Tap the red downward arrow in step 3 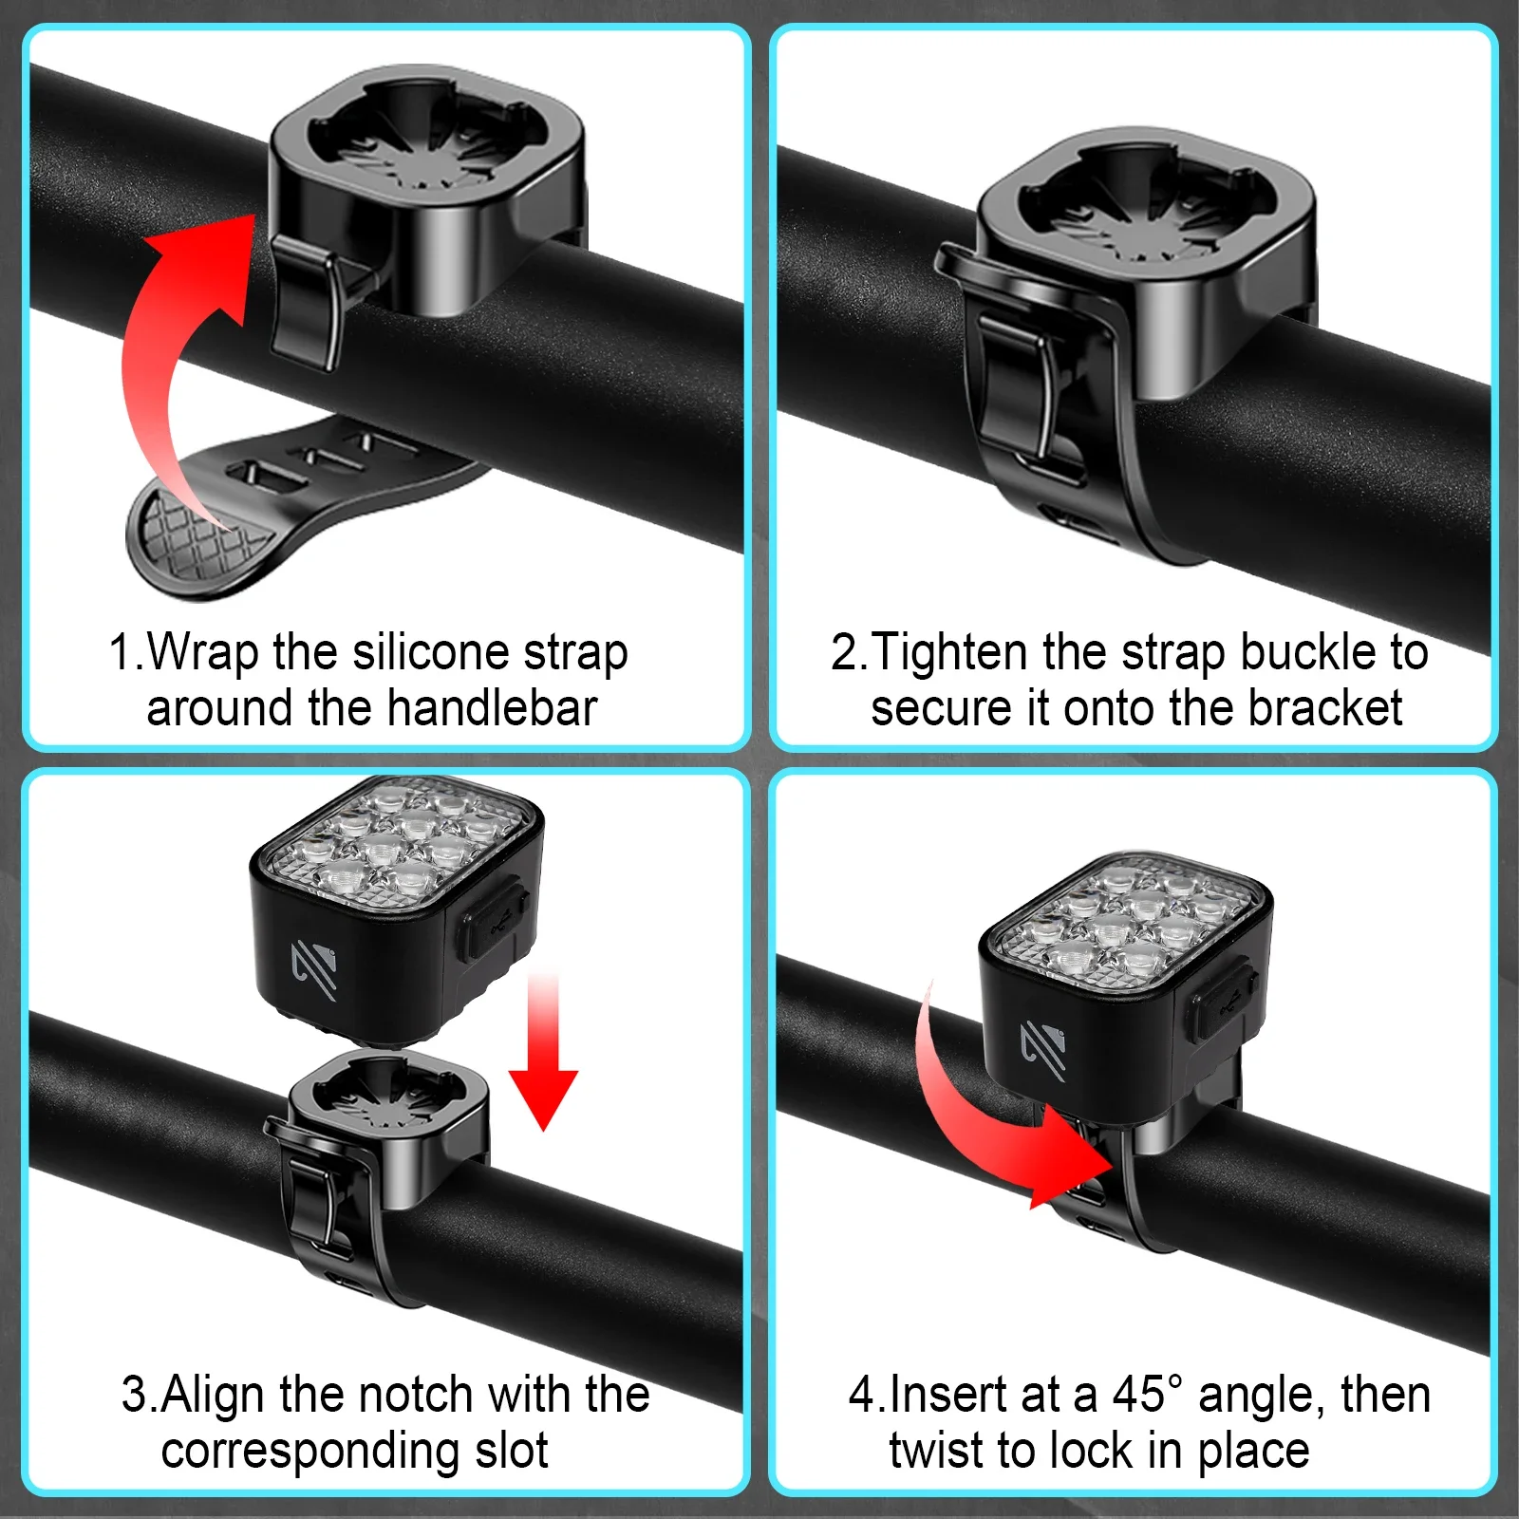pyautogui.click(x=543, y=1049)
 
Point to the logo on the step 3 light pyautogui.click(x=314, y=969)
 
